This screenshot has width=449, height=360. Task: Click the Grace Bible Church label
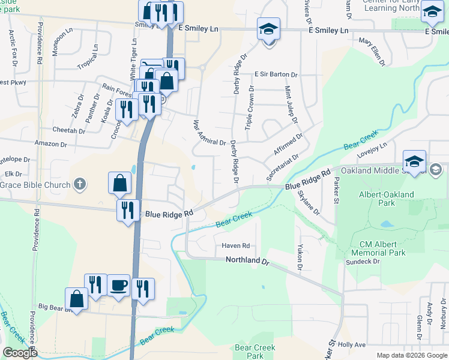tap(35, 185)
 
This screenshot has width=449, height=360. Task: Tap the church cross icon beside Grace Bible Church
tap(80, 184)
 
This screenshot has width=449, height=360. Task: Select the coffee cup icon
tap(119, 284)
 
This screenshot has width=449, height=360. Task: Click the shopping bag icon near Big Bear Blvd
tap(77, 298)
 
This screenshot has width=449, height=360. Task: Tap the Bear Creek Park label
tap(255, 352)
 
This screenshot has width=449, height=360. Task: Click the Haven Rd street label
tap(235, 246)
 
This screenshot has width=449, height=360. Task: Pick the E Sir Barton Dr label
tap(276, 74)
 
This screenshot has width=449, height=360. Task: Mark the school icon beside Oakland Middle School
tap(415, 162)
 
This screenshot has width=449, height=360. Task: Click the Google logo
tap(20, 353)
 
